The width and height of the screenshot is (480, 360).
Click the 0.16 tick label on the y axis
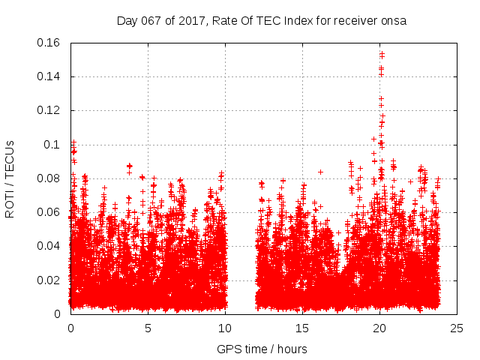(x=49, y=43)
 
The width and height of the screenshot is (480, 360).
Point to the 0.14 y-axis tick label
(x=49, y=76)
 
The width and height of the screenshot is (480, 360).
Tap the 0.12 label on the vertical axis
(x=49, y=110)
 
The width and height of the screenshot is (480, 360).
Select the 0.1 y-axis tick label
(x=55, y=144)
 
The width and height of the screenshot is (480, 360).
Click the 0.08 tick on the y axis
(x=49, y=178)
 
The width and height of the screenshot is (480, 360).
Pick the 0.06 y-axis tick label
(x=49, y=212)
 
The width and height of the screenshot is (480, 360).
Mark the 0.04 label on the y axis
(x=49, y=246)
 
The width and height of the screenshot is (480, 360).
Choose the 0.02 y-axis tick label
(x=49, y=280)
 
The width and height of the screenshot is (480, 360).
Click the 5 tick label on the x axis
(x=148, y=328)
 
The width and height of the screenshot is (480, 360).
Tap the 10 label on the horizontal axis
(x=225, y=328)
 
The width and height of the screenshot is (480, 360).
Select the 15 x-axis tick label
(x=302, y=328)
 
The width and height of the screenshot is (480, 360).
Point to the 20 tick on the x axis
(x=380, y=328)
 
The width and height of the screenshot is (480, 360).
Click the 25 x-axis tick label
(x=457, y=328)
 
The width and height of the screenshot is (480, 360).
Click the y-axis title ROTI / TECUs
(x=10, y=178)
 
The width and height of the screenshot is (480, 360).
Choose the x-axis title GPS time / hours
(x=262, y=349)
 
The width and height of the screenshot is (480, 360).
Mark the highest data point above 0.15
(x=382, y=53)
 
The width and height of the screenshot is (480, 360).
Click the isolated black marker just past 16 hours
(x=320, y=172)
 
